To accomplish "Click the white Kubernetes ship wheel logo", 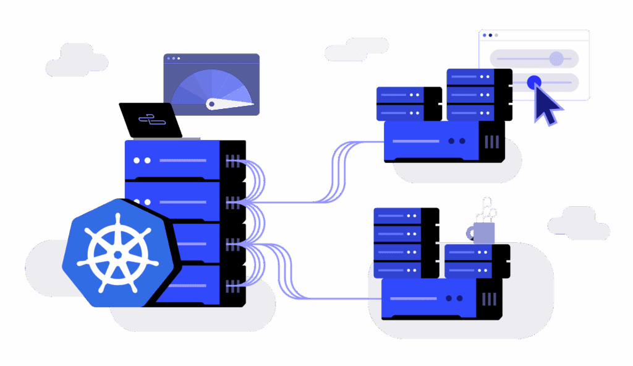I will [x=117, y=253].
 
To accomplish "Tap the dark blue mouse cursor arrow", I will [x=545, y=105].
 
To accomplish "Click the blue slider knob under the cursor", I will [x=534, y=82].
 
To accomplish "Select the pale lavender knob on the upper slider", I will [x=556, y=59].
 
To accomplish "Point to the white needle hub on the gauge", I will [x=211, y=104].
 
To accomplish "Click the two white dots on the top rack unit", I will [x=142, y=160].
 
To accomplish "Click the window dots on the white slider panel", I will [x=490, y=35].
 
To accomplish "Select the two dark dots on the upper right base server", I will [x=456, y=141].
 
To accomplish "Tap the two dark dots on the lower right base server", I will [x=454, y=298].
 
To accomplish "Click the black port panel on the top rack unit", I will [x=234, y=161].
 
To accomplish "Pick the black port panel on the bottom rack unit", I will [x=234, y=285].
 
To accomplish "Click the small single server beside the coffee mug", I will [x=477, y=261].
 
